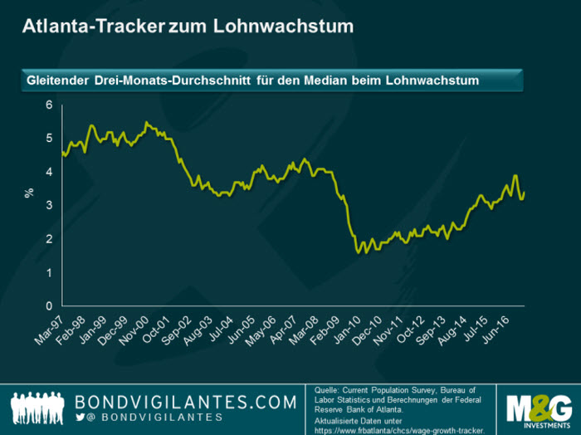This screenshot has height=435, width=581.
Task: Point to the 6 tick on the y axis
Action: click(x=49, y=105)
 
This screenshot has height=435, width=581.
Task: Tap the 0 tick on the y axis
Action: click(x=49, y=306)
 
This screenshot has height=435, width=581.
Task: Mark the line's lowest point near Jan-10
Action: click(x=358, y=252)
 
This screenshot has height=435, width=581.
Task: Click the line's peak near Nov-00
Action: click(x=147, y=122)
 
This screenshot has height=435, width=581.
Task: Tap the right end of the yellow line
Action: click(x=525, y=193)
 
